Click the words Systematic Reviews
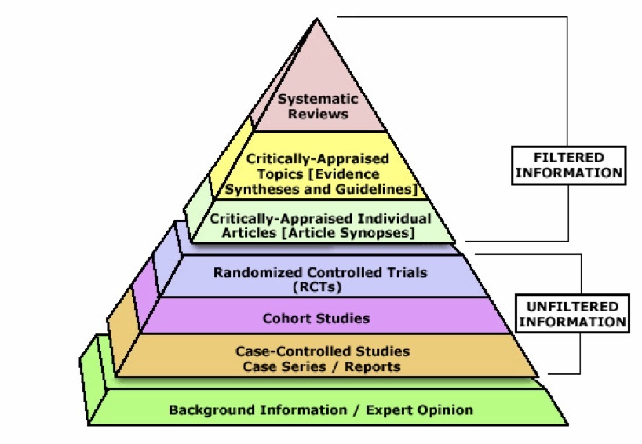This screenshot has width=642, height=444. [x=317, y=107]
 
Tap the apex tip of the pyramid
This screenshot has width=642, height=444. [x=317, y=19]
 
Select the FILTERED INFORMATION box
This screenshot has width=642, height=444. [x=569, y=165]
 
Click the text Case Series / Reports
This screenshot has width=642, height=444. [x=322, y=366]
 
